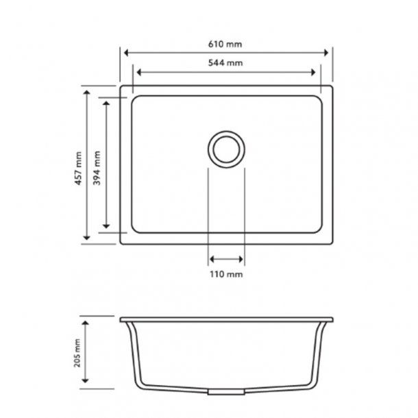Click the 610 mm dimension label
227,44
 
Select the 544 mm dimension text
227,62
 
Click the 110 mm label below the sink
226,274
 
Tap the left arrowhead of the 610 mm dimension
125,52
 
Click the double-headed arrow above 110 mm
225,259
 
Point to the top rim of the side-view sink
226,319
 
